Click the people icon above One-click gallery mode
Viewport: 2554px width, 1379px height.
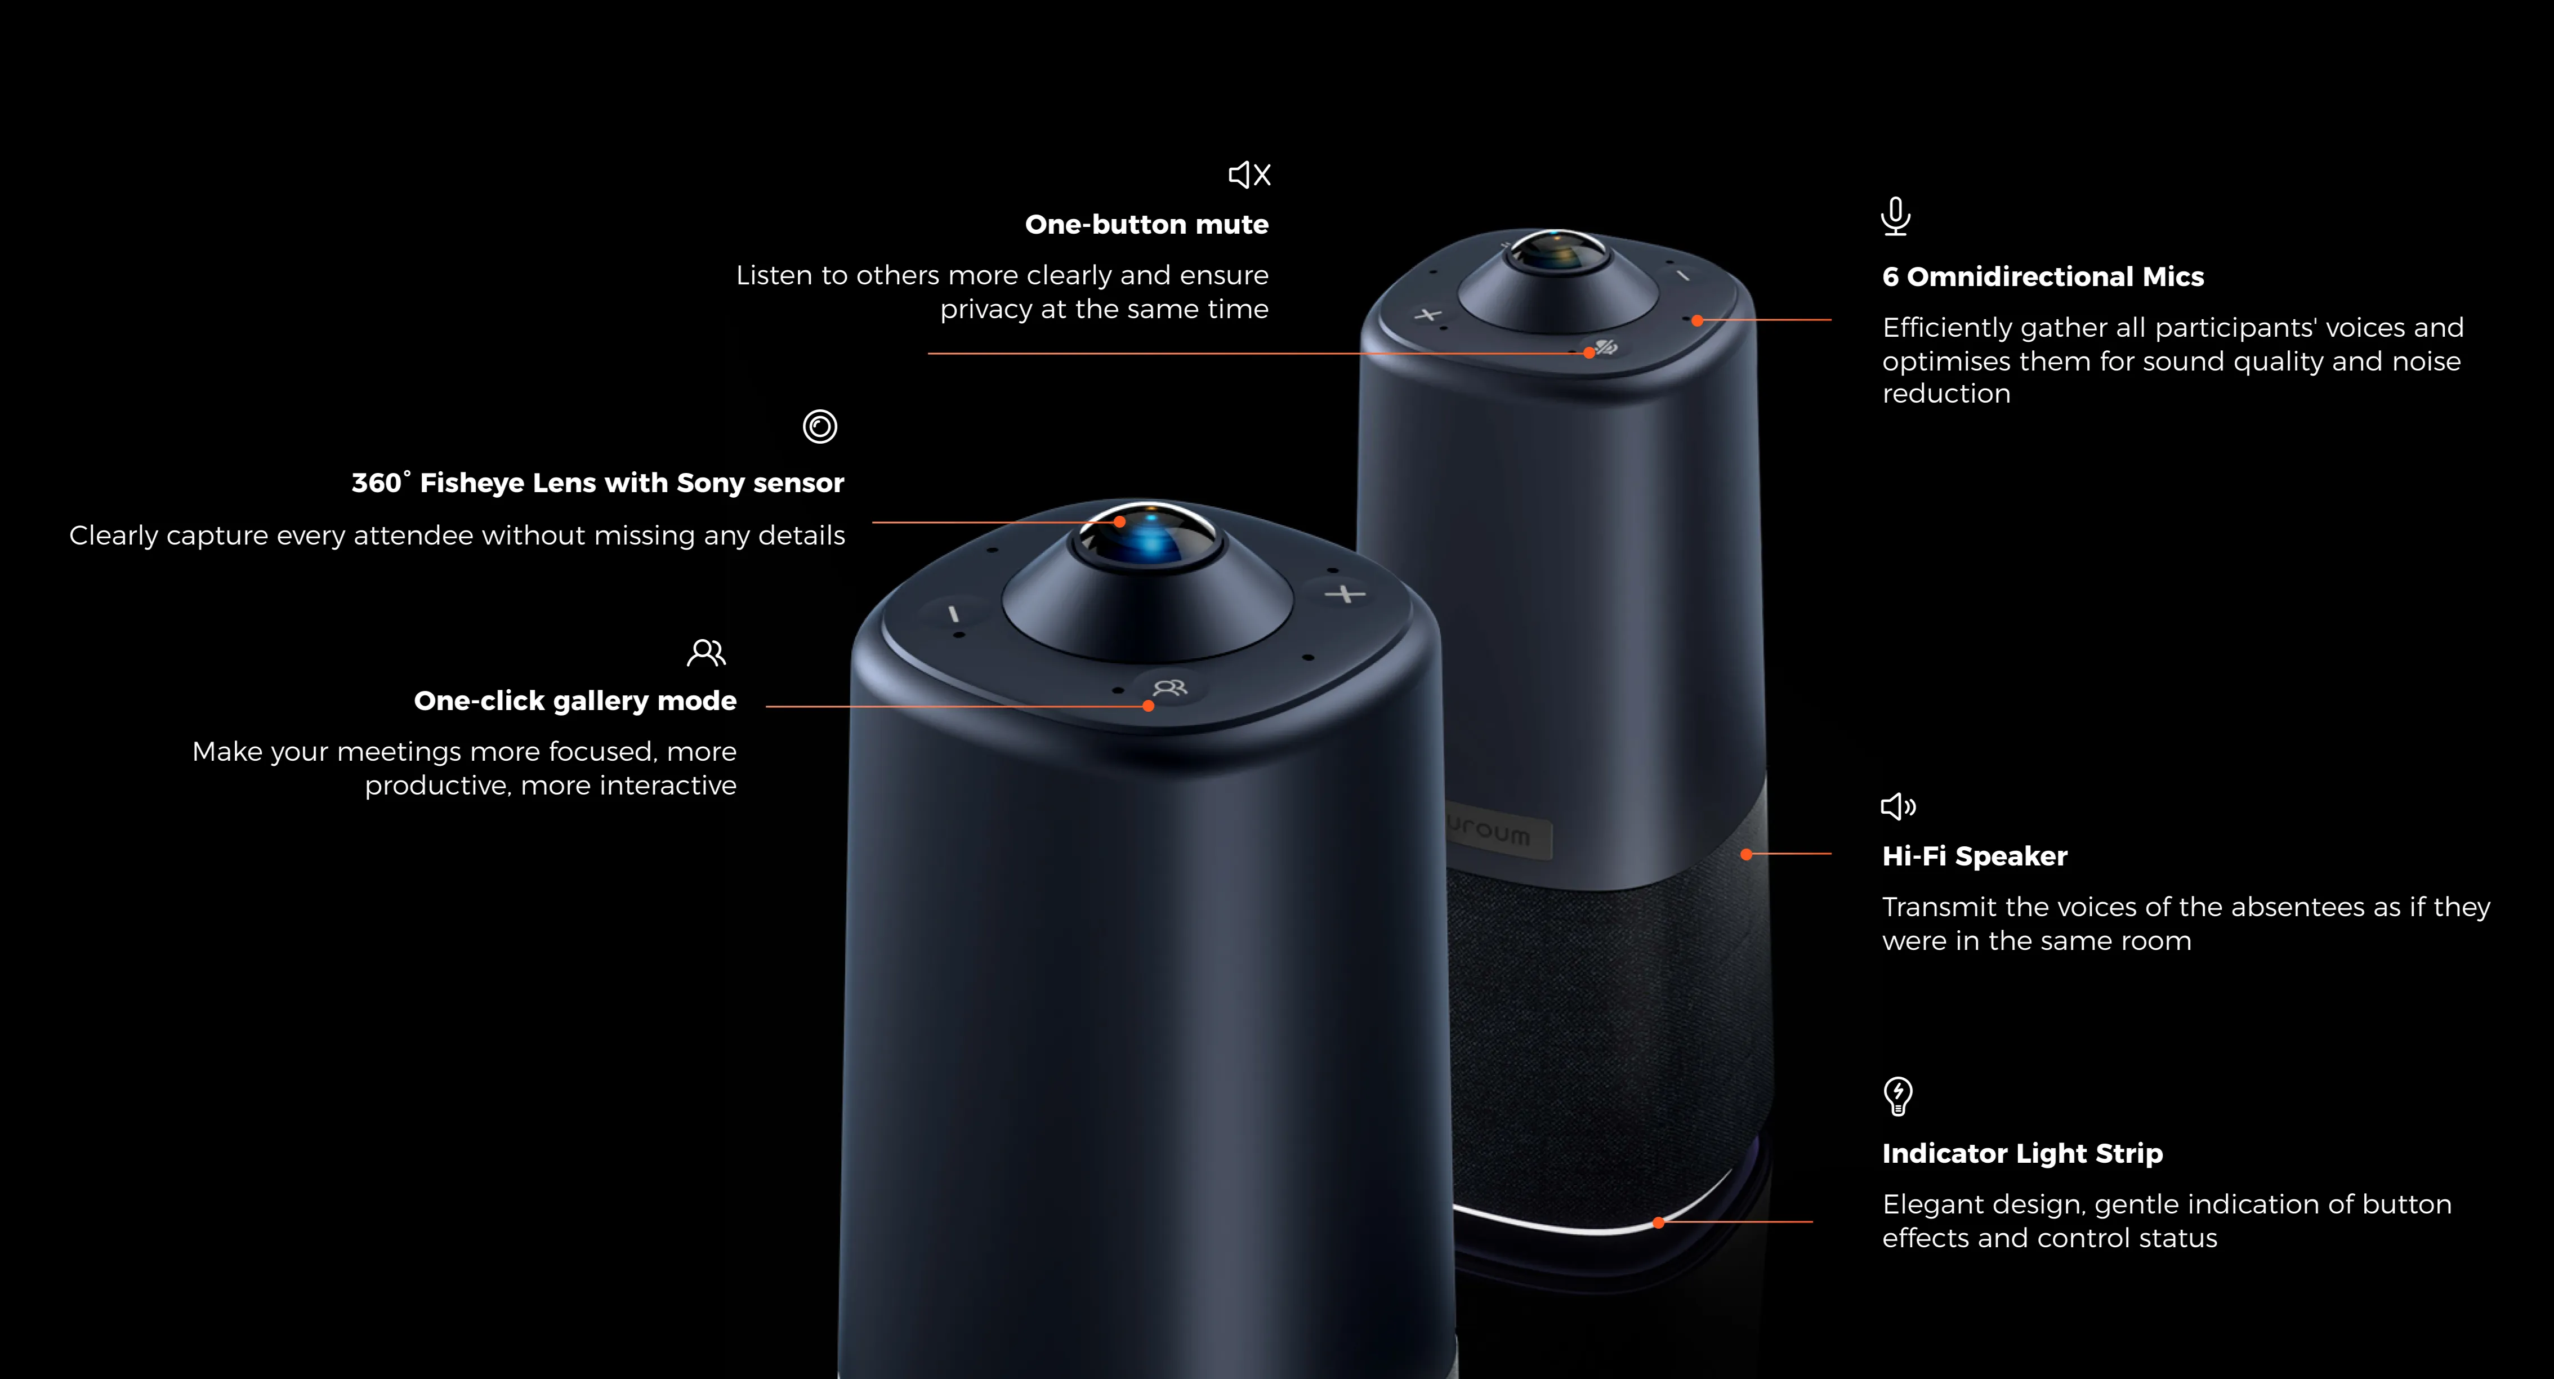[x=706, y=652]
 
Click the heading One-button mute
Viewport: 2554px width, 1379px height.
[x=1146, y=225]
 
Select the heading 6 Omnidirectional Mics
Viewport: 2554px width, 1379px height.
[x=2042, y=276]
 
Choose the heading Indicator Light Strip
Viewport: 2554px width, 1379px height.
[x=2021, y=1153]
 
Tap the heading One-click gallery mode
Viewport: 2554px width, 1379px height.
[x=575, y=701]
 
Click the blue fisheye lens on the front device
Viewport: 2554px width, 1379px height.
[x=1150, y=538]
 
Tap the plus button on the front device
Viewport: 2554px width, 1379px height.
[x=1346, y=594]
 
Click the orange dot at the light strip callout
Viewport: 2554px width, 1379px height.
[x=1659, y=1222]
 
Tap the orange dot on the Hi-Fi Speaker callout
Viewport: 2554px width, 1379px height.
[x=1746, y=854]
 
